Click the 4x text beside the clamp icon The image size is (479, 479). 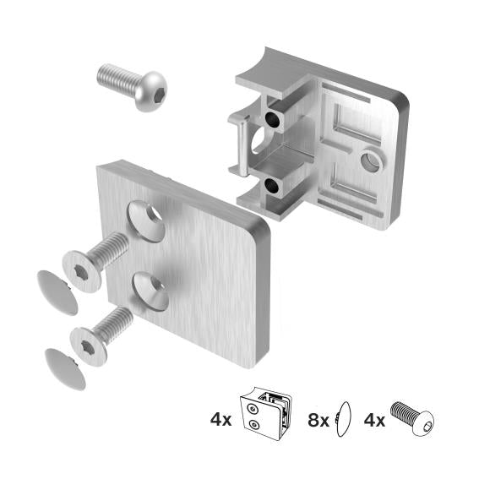221,417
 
